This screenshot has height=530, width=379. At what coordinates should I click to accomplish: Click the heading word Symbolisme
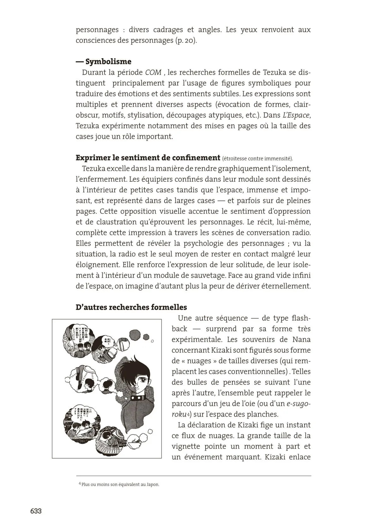(108, 62)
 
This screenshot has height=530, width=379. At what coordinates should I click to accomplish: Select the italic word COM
(153, 73)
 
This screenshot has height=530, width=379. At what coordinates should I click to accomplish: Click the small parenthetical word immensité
(280, 159)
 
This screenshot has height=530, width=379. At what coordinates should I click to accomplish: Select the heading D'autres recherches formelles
(131, 307)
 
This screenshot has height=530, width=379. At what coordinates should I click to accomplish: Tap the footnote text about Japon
(120, 485)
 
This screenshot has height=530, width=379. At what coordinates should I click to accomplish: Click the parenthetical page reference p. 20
(186, 41)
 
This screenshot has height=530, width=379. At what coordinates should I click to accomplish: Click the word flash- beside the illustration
(297, 318)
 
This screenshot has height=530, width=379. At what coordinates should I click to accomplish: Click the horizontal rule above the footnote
(193, 476)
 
